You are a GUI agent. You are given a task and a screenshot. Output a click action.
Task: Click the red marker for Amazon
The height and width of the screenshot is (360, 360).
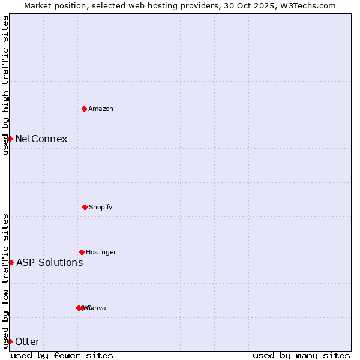click(x=84, y=109)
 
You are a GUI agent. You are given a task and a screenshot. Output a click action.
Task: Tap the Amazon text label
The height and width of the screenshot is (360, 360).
click(x=101, y=109)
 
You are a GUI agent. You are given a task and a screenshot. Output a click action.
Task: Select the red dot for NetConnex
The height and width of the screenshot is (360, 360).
click(x=10, y=139)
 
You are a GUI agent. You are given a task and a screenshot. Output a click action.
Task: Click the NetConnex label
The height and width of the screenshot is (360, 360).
click(x=41, y=139)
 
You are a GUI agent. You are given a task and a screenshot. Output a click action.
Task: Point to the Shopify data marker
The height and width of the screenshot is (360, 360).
click(x=85, y=207)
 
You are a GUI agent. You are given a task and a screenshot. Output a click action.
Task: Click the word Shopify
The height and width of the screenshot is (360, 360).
click(x=101, y=207)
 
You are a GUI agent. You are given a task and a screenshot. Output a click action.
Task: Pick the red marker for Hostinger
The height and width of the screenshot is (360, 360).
click(x=82, y=252)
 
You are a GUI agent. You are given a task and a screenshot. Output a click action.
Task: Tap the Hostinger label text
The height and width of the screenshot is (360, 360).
click(x=101, y=252)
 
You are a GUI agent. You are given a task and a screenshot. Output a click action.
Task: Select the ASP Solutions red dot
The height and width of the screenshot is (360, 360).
click(x=11, y=262)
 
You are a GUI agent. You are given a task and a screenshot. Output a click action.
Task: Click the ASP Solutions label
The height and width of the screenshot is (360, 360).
click(x=49, y=262)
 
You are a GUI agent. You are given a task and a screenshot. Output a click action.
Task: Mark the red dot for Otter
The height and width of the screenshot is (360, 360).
click(x=10, y=341)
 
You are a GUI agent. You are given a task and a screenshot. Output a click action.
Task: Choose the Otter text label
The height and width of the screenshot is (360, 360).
click(x=27, y=341)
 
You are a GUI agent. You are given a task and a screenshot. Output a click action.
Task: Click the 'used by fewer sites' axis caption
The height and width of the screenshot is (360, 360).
click(x=62, y=355)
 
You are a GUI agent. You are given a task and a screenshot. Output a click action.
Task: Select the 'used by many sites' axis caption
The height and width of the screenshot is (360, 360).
click(x=301, y=355)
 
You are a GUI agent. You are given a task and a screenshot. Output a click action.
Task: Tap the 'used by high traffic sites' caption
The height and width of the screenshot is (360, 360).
click(x=5, y=85)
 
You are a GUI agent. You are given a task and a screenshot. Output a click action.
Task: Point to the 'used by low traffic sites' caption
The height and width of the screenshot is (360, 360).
click(x=5, y=280)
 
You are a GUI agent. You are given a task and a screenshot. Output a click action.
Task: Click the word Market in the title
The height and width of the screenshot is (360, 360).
click(x=37, y=5)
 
